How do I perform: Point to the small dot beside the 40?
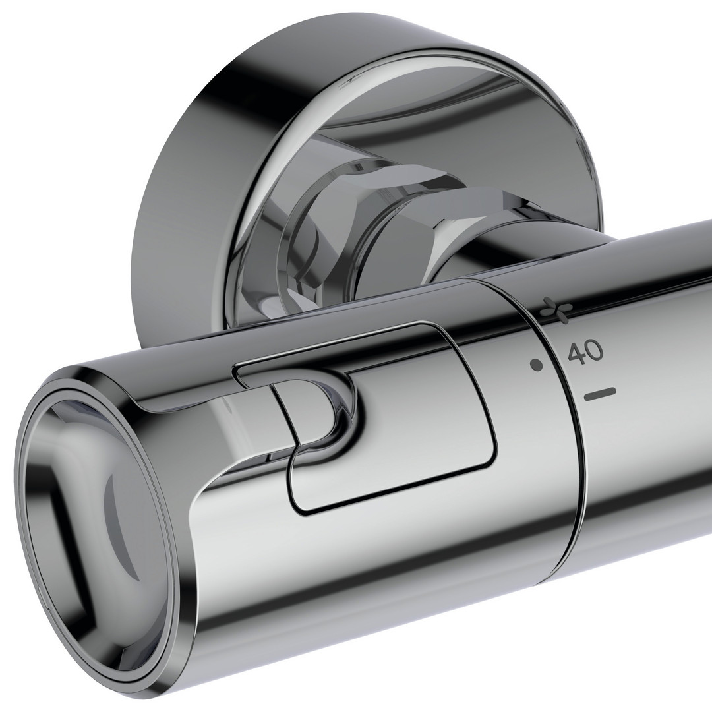coord(537,364)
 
